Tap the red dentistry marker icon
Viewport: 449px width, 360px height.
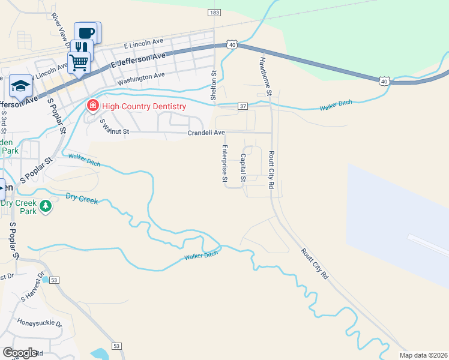pos(92,106)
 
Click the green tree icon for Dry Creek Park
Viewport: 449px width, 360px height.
pos(46,207)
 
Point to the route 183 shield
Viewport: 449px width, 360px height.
pos(214,13)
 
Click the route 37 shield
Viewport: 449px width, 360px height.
pos(243,106)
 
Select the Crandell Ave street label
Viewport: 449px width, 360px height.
pos(206,133)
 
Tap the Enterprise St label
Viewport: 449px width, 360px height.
pos(225,163)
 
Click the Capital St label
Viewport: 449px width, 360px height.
pos(243,168)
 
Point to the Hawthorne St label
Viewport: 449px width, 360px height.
pos(265,76)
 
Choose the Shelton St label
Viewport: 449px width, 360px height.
pos(213,84)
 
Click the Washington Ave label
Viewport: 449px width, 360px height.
pos(141,77)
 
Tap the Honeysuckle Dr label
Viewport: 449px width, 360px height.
pos(40,323)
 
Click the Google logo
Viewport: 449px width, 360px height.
pos(20,353)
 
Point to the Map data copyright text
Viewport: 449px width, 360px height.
pos(423,355)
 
